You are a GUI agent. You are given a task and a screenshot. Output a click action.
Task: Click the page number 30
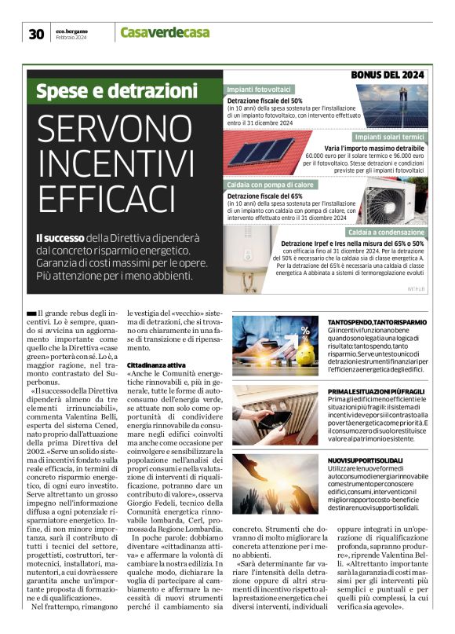click(x=36, y=33)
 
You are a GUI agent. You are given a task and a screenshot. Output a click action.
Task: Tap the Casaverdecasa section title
click(x=164, y=31)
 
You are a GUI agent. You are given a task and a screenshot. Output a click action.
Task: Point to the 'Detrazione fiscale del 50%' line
click(x=265, y=101)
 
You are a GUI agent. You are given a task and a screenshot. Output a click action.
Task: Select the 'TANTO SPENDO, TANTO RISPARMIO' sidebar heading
click(x=377, y=322)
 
